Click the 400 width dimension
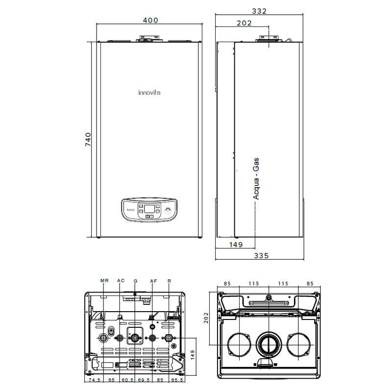(151, 20)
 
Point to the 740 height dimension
(88, 140)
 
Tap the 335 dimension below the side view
(261, 256)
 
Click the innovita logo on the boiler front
(151, 92)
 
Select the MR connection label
(104, 281)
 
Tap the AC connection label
(121, 281)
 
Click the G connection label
(136, 281)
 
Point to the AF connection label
(153, 281)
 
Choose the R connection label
(169, 281)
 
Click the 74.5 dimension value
(95, 380)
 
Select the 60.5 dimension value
(127, 380)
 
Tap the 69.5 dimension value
(144, 380)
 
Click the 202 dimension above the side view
(244, 23)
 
